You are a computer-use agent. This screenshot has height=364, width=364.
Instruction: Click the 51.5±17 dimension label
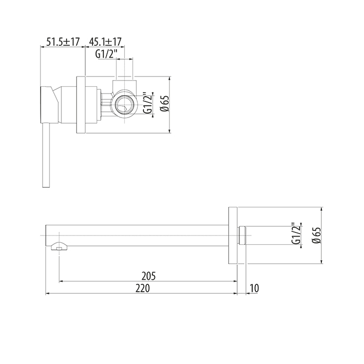pyautogui.click(x=63, y=42)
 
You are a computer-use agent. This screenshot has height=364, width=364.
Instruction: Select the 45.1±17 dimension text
pyautogui.click(x=106, y=42)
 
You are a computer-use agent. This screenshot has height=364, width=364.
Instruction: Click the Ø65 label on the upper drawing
pyautogui.click(x=165, y=103)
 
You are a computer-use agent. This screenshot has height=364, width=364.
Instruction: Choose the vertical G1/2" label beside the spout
pyautogui.click(x=296, y=233)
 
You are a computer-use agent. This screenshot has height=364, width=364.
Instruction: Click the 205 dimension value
pyautogui.click(x=149, y=276)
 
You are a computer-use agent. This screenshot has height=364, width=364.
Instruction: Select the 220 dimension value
pyautogui.click(x=143, y=288)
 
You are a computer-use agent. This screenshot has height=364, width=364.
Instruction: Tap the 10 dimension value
pyautogui.click(x=254, y=288)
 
